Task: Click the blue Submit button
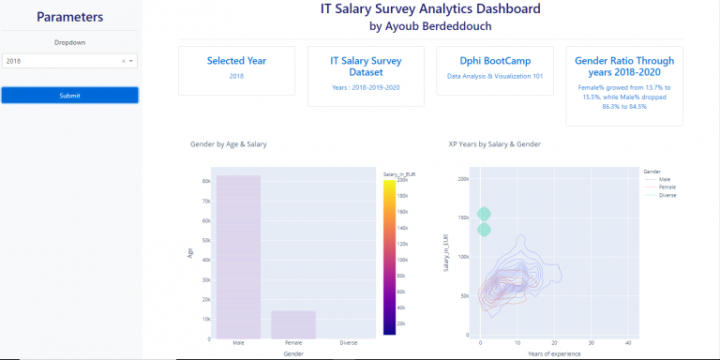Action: (69, 96)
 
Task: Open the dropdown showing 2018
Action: (69, 61)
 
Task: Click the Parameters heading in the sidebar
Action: (69, 17)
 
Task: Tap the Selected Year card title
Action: (236, 60)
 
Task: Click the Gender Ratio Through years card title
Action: (624, 66)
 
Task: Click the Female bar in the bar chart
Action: (292, 324)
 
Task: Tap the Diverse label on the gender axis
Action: (348, 344)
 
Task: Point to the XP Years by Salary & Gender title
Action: (494, 144)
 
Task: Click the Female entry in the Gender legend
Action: (667, 187)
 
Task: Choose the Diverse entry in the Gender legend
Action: (667, 194)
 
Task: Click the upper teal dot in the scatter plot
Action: (484, 214)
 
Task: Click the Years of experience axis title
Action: (553, 353)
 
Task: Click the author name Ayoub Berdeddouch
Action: (430, 25)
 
